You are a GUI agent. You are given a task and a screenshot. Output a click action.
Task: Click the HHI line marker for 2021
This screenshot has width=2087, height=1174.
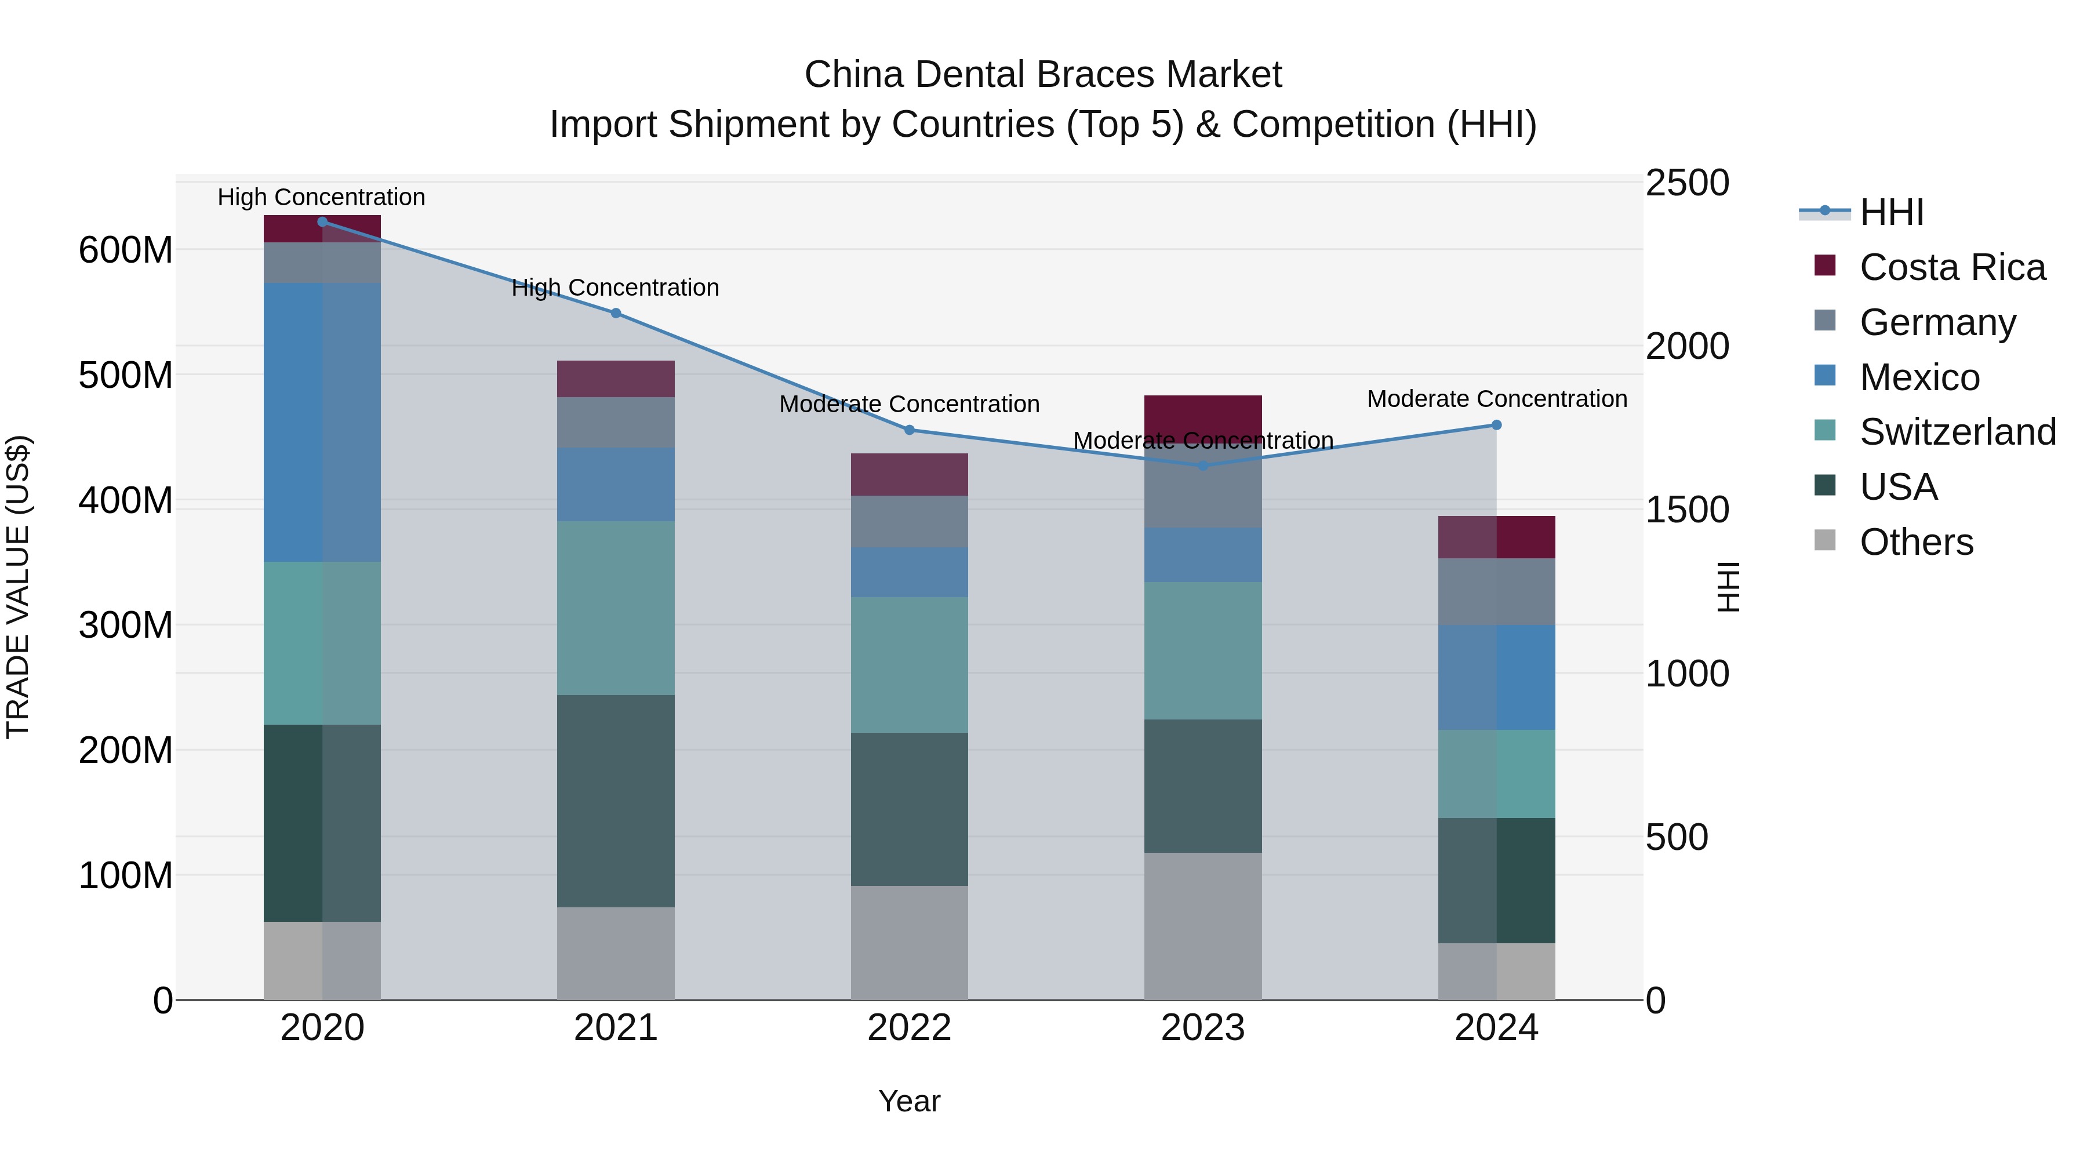[x=616, y=312]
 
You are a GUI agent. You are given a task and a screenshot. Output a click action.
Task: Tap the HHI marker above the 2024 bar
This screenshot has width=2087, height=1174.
[x=1496, y=424]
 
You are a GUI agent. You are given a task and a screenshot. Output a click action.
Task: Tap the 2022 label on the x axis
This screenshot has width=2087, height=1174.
[x=909, y=1028]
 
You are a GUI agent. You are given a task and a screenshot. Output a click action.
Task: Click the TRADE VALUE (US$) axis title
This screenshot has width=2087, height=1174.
[x=18, y=587]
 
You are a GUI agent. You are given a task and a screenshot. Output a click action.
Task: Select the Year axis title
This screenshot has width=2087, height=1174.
[x=909, y=1101]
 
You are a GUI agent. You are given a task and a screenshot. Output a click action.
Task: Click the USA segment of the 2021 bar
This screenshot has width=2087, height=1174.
[x=616, y=801]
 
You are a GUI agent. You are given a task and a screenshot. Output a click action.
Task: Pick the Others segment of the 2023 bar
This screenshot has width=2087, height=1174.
[x=1202, y=925]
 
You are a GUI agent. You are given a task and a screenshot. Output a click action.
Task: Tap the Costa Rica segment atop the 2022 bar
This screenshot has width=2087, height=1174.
[x=909, y=474]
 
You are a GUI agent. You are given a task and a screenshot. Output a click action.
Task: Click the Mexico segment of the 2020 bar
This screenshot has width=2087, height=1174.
[x=322, y=421]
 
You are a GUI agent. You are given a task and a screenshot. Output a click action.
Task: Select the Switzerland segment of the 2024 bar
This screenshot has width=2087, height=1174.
[x=1496, y=774]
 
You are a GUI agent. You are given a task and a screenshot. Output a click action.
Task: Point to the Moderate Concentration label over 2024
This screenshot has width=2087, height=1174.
[x=1496, y=399]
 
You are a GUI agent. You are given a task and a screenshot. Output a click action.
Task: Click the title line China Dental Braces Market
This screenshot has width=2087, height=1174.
[x=1043, y=75]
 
